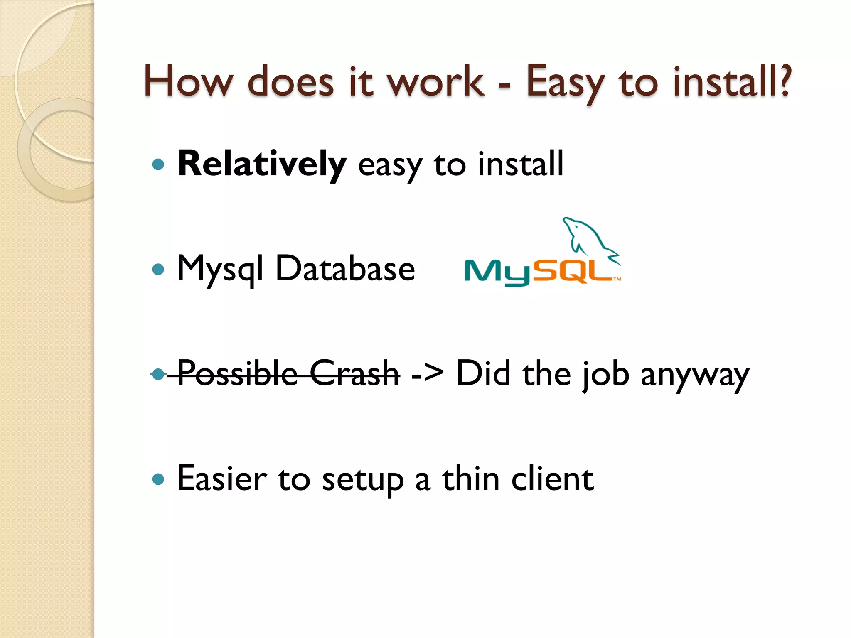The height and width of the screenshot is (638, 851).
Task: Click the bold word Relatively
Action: (x=261, y=164)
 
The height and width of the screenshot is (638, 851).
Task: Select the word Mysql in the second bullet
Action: (x=220, y=270)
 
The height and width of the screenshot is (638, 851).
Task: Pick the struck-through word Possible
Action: (x=237, y=373)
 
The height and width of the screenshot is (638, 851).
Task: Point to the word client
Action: (x=552, y=479)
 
